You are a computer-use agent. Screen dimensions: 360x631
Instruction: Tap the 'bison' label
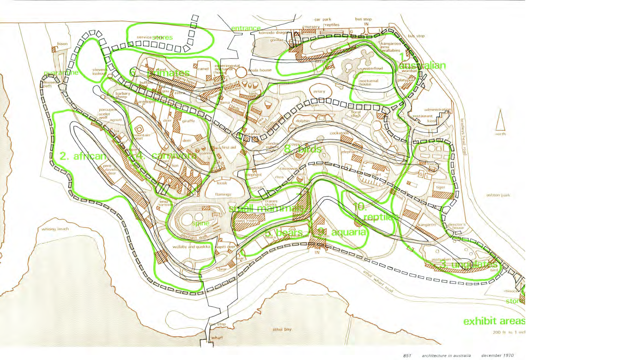(62, 44)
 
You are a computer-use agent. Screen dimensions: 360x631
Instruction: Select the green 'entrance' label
(246, 28)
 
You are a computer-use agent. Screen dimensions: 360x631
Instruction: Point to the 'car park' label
(323, 19)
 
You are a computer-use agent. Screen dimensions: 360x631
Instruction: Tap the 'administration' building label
(437, 110)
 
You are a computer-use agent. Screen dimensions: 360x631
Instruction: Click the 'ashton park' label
(498, 195)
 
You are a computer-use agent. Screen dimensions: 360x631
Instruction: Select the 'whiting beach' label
(55, 229)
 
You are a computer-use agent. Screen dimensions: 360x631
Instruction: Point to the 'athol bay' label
(282, 329)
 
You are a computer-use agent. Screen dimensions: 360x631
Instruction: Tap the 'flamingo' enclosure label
(223, 195)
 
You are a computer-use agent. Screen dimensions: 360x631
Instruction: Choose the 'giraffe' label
(188, 121)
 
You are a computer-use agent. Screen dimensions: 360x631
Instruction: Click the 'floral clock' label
(356, 114)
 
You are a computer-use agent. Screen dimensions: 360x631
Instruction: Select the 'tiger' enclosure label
(440, 187)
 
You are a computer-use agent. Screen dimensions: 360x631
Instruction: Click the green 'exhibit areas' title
(494, 321)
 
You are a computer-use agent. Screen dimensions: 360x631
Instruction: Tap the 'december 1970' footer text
(497, 355)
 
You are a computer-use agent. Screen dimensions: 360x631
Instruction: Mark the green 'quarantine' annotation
(61, 73)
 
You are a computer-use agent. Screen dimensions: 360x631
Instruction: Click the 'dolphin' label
(303, 121)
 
